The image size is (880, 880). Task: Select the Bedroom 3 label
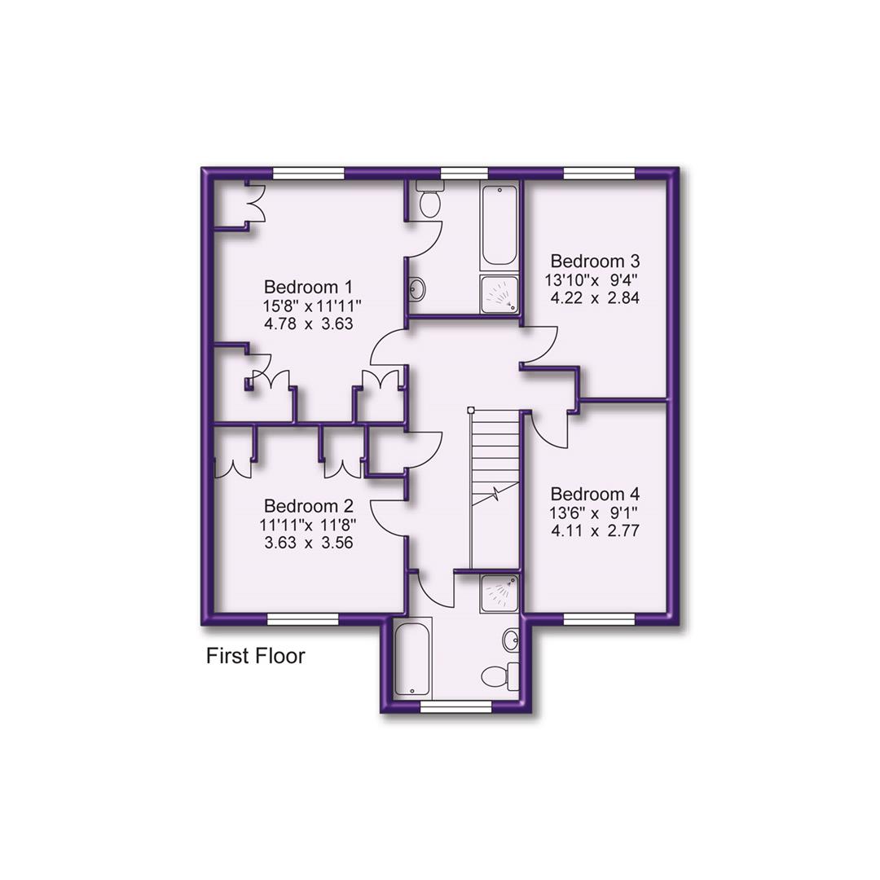pos(595,262)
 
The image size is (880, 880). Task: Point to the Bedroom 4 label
pos(595,495)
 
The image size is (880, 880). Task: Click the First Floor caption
pos(255,656)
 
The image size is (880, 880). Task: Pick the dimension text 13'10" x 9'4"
pos(592,279)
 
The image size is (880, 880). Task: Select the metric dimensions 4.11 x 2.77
pos(595,530)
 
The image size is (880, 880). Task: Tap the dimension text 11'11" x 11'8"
pos(308,524)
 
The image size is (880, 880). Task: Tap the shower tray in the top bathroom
pos(499,294)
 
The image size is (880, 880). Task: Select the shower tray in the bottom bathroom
pos(499,593)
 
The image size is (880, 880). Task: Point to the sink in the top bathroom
pos(416,288)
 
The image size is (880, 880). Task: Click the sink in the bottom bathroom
pos(511,640)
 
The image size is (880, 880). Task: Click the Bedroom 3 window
pos(599,173)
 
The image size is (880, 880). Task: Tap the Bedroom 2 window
pos(303,620)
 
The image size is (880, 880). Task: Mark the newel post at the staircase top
pos(471,410)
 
